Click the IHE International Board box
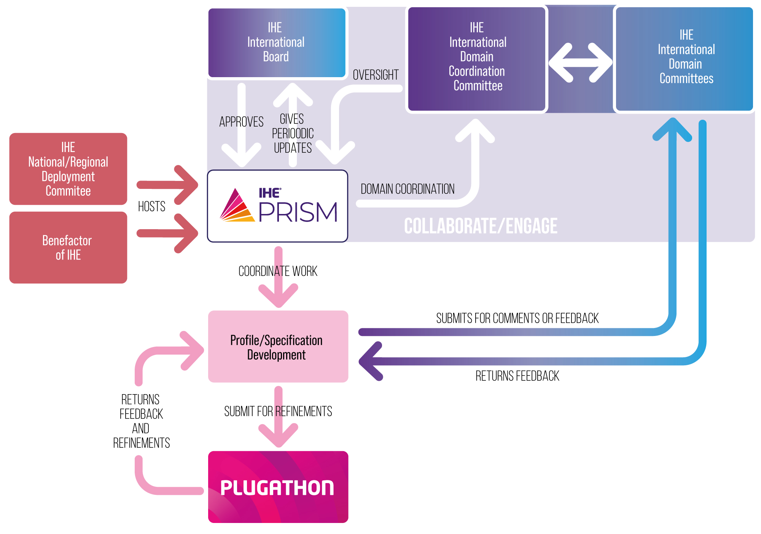(277, 43)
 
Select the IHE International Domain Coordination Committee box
(477, 59)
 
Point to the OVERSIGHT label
(376, 75)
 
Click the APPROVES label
(241, 122)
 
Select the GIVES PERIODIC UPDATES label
(293, 133)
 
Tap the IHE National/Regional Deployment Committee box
(68, 169)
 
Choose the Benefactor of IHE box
(68, 247)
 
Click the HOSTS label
(151, 206)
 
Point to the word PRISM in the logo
(298, 212)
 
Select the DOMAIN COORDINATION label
(408, 189)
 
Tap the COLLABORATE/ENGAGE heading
(481, 226)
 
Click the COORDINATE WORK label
(278, 271)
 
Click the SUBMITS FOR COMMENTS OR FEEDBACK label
(517, 318)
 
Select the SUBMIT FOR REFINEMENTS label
(278, 411)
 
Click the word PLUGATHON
(277, 488)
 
